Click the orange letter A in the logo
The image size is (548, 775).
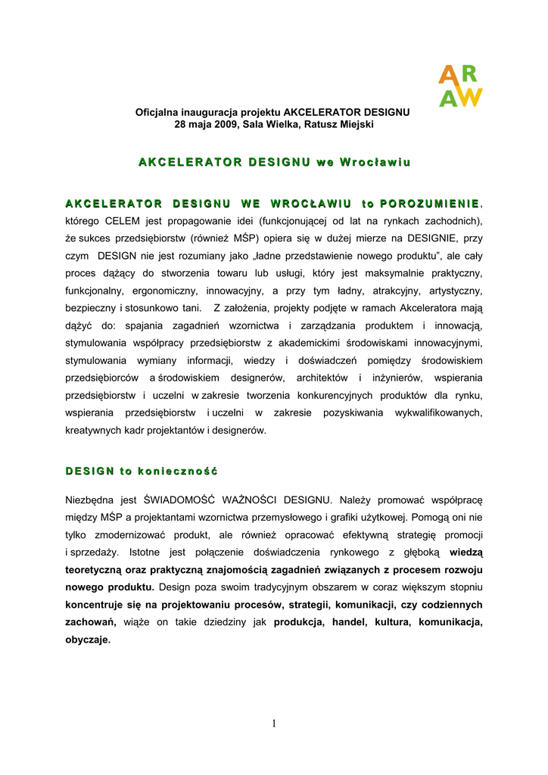447,75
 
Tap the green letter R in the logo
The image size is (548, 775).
469,74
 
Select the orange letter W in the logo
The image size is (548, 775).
470,97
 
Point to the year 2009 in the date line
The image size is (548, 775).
227,123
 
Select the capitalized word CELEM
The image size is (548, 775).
120,221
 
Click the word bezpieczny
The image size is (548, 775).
91,308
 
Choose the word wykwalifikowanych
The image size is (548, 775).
438,412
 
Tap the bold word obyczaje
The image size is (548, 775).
88,640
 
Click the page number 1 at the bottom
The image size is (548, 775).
274,724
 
